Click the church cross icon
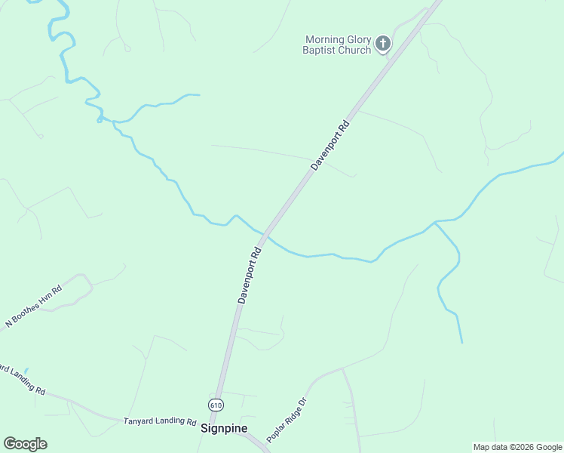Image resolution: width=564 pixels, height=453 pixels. tap(383, 43)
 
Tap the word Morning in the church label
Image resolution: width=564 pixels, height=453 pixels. tap(323, 39)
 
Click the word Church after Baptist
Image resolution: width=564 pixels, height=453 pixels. tap(354, 51)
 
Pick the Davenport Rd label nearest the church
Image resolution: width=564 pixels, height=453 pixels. tap(331, 143)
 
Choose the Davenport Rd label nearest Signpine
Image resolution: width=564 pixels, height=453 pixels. tap(249, 275)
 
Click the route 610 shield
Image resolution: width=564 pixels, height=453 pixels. tap(216, 404)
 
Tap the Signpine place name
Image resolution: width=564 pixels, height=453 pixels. tap(224, 427)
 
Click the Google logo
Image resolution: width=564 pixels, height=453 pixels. tap(25, 444)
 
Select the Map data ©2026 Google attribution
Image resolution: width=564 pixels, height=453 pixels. tap(517, 447)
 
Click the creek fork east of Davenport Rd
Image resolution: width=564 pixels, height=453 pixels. tap(435, 223)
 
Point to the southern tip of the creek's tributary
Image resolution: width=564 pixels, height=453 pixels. tap(461, 342)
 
